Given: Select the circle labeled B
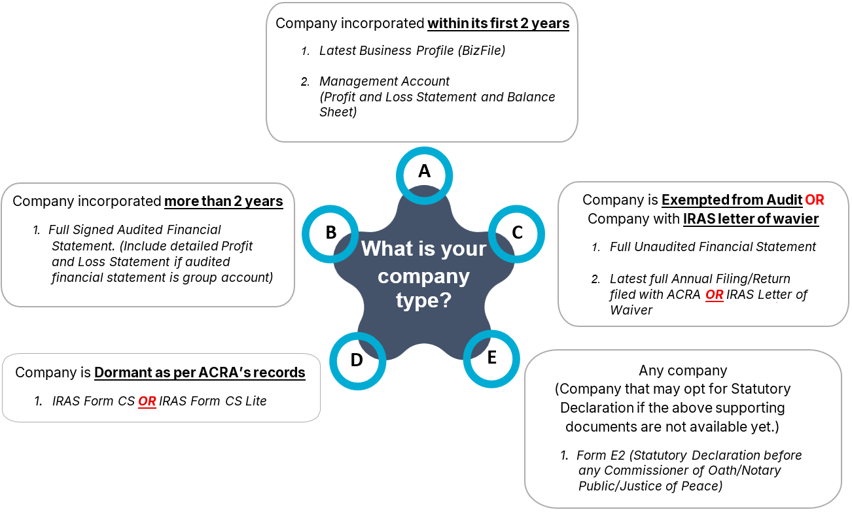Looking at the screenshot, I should pyautogui.click(x=331, y=233).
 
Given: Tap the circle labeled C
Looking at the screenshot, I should pyautogui.click(x=516, y=233).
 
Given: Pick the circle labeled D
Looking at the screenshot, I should pyautogui.click(x=357, y=360).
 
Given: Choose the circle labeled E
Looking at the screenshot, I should pyautogui.click(x=491, y=358).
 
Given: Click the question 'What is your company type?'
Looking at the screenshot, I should pyautogui.click(x=424, y=275).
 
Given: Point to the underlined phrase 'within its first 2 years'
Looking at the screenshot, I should pyautogui.click(x=498, y=24).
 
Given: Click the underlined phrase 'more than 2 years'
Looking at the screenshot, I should pyautogui.click(x=223, y=201).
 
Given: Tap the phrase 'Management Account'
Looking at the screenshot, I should pyautogui.click(x=384, y=82).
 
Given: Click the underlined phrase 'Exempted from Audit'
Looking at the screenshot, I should pyautogui.click(x=732, y=199).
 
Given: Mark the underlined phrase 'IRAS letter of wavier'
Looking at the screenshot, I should pyautogui.click(x=751, y=219).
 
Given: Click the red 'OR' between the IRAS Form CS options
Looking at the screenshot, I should pyautogui.click(x=147, y=401).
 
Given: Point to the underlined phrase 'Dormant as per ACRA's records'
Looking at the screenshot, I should pyautogui.click(x=200, y=372).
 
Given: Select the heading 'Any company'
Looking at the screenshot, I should pyautogui.click(x=683, y=371).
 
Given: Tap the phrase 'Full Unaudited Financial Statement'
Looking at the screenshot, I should pyautogui.click(x=713, y=247).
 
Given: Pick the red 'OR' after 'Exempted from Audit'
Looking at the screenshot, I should pyautogui.click(x=814, y=199).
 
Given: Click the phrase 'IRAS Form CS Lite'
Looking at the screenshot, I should pyautogui.click(x=213, y=401).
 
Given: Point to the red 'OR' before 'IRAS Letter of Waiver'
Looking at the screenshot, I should pyautogui.click(x=714, y=295).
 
